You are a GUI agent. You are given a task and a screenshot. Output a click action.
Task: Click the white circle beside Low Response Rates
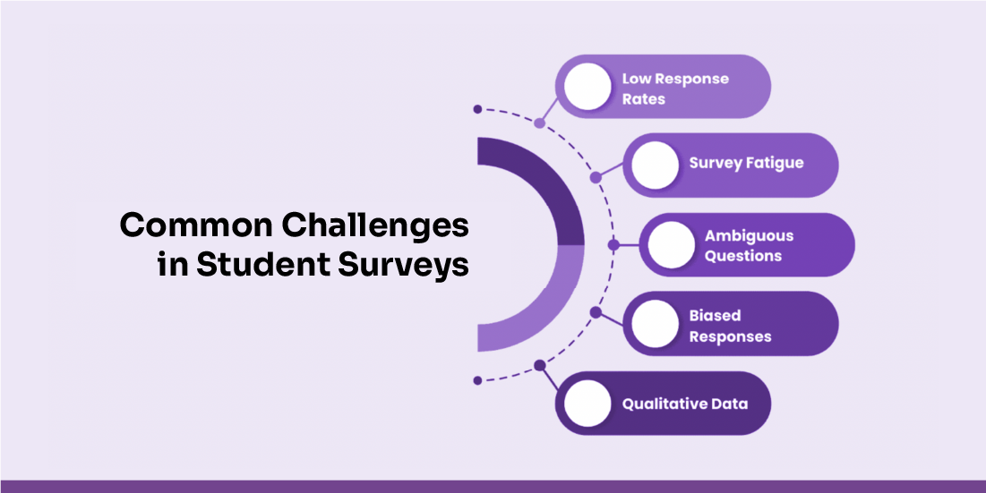coord(587,87)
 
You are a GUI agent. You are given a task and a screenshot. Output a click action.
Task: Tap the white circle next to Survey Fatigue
coord(655,166)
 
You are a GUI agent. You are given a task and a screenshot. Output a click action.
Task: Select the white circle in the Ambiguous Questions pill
coord(671,245)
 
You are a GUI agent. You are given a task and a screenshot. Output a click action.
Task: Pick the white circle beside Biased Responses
coord(655,323)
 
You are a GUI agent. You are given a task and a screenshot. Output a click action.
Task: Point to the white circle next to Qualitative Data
coord(587,404)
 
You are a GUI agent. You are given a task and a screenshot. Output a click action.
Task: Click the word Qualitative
coord(661,404)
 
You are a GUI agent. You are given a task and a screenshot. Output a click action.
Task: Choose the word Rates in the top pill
coord(643,99)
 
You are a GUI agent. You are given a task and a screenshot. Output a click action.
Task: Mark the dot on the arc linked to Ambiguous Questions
coord(613,245)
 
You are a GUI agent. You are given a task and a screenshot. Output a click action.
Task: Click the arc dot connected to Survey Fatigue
coord(596,178)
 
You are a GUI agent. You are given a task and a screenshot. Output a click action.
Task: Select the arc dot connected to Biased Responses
coord(596,311)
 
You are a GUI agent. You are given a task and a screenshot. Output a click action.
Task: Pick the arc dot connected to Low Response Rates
coord(539,123)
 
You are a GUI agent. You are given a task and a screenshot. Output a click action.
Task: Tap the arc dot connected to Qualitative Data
coord(539,366)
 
